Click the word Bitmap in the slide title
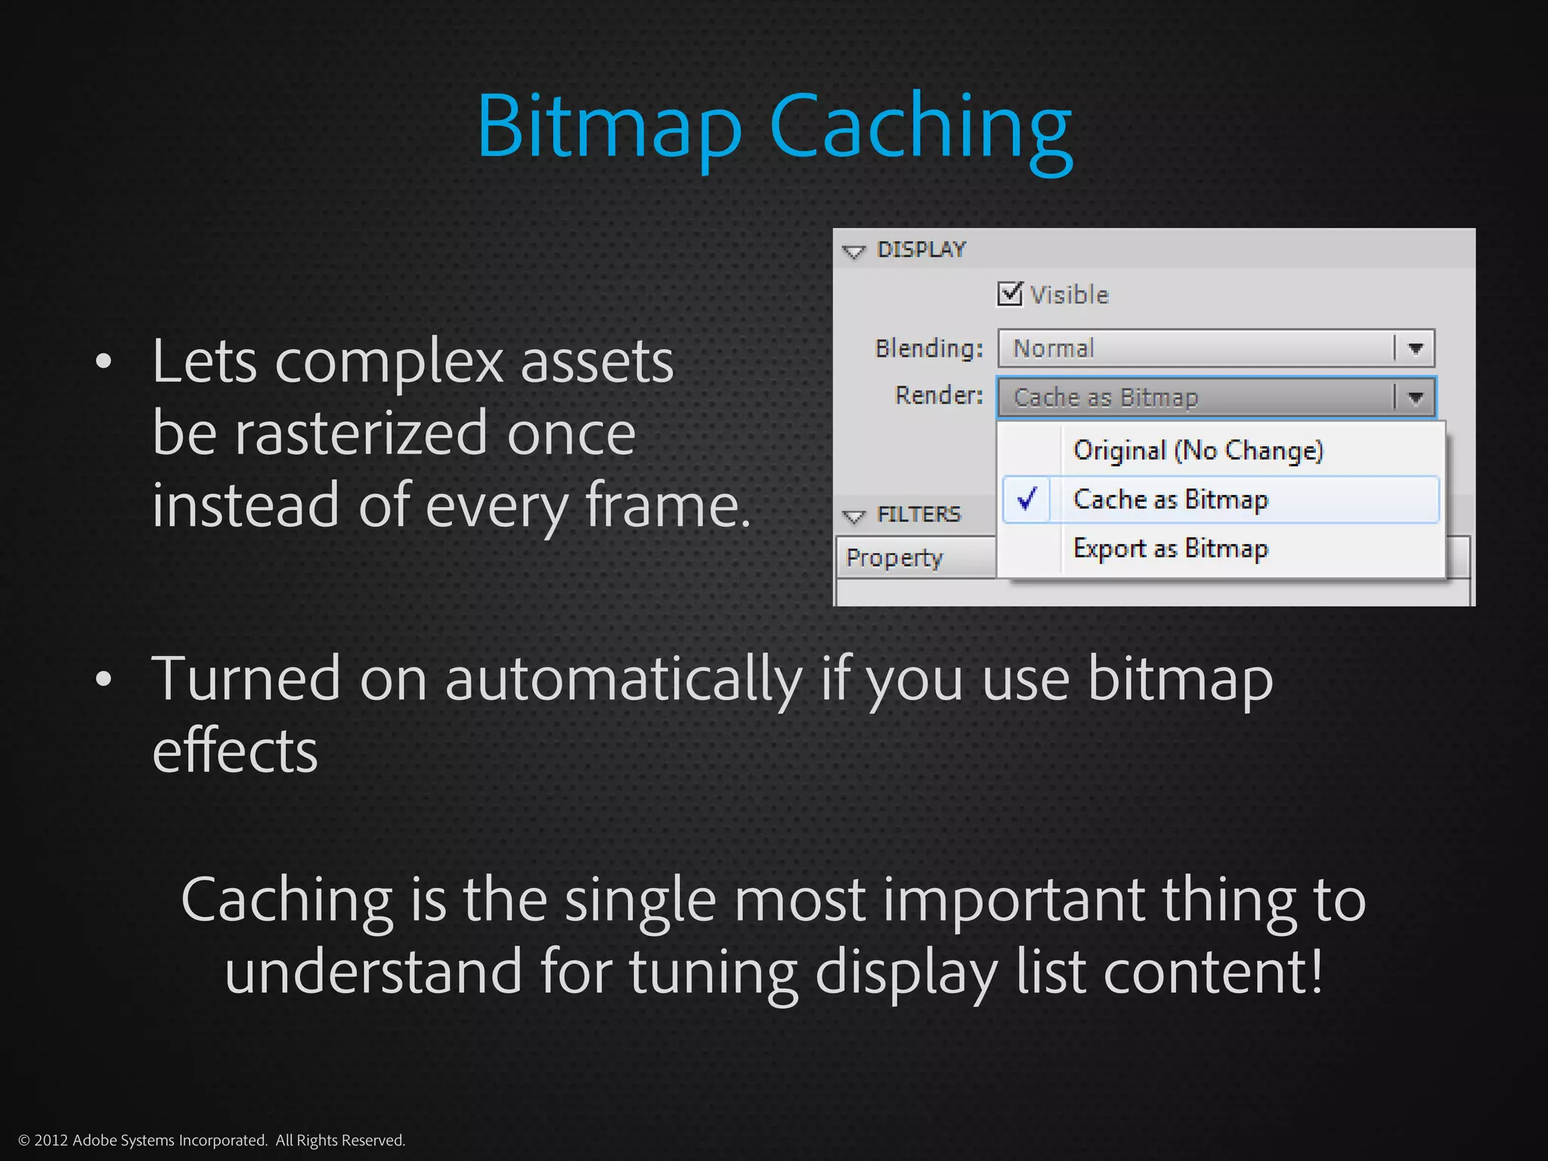click(x=608, y=127)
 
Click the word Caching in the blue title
click(x=921, y=127)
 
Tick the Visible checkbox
click(x=1010, y=293)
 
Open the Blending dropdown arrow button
click(x=1416, y=348)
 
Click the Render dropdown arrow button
click(x=1416, y=397)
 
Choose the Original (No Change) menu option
click(x=1198, y=450)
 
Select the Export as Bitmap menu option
click(x=1171, y=548)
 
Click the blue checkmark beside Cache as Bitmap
click(x=1026, y=499)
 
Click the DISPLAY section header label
click(x=921, y=249)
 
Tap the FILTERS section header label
click(x=918, y=515)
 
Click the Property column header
click(x=894, y=558)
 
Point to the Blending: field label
click(x=929, y=348)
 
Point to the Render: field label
click(x=939, y=395)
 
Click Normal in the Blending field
click(x=1054, y=348)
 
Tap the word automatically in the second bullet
click(x=624, y=679)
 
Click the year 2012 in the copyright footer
click(x=51, y=1140)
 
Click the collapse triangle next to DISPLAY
click(x=854, y=252)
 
